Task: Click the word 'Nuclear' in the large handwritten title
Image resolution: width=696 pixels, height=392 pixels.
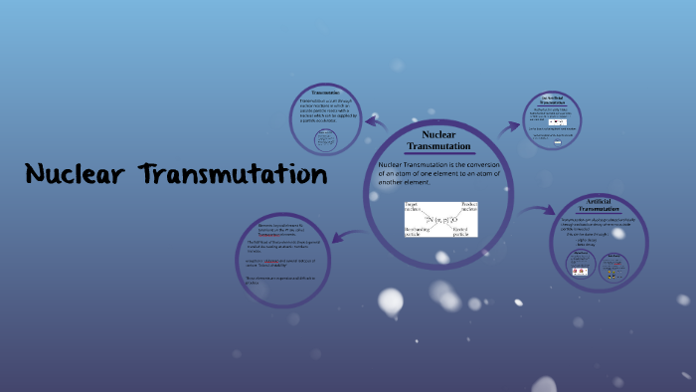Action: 76,175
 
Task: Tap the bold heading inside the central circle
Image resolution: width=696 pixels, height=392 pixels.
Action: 438,140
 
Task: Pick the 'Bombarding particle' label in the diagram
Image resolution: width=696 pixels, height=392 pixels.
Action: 418,232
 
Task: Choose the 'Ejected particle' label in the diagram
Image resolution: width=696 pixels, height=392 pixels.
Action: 462,232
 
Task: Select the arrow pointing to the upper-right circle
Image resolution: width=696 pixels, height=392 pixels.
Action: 509,126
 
